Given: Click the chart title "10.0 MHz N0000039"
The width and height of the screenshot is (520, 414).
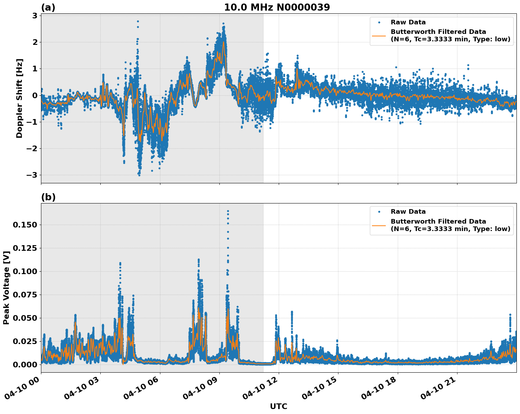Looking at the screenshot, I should point(277,7).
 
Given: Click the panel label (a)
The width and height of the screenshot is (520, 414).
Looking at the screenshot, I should point(48,7).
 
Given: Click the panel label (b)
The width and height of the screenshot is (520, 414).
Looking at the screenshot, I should point(48,197).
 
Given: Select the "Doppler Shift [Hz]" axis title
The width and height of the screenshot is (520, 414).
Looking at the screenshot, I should point(19,98).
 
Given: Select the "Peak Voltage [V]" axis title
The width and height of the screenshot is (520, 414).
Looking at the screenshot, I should point(6,288).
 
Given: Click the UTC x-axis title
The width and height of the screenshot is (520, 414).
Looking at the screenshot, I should point(278,406).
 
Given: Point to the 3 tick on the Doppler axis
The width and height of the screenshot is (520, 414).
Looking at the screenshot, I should point(35,16).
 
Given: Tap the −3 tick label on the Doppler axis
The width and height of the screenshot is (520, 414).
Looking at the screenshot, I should point(32,175).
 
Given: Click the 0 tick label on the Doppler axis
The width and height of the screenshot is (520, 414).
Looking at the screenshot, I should point(35,95).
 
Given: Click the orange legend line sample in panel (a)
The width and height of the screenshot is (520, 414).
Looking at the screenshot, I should point(379,35).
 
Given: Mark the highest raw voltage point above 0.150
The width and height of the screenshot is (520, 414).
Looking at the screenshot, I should point(228,211).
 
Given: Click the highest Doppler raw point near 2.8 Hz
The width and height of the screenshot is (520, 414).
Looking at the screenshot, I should point(138,21).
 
